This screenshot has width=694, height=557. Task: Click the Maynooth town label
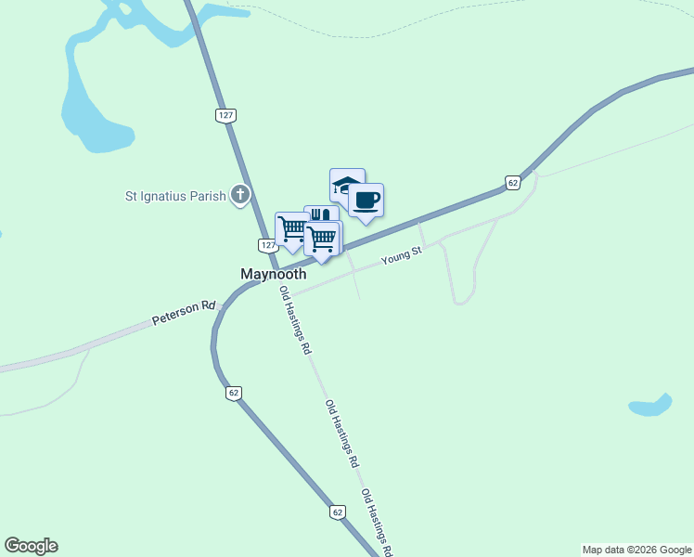274,275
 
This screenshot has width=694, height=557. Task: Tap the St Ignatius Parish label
176,196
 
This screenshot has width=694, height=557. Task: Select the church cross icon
240,195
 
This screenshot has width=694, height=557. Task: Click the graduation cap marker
346,186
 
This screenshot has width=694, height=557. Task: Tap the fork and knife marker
320,217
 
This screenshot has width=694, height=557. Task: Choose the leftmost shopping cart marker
292,228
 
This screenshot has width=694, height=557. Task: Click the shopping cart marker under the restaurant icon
322,239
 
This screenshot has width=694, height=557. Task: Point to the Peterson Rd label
184,312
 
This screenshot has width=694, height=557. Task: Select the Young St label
401,256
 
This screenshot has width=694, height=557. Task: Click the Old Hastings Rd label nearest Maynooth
295,321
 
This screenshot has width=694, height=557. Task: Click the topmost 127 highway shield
225,115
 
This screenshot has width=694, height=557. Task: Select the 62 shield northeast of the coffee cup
512,183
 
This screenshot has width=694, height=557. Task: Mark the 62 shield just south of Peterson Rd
233,393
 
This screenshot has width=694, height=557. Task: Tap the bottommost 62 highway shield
337,512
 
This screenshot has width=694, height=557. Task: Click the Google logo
31,546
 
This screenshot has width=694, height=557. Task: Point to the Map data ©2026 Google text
636,550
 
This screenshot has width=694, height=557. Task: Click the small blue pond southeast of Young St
650,406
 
